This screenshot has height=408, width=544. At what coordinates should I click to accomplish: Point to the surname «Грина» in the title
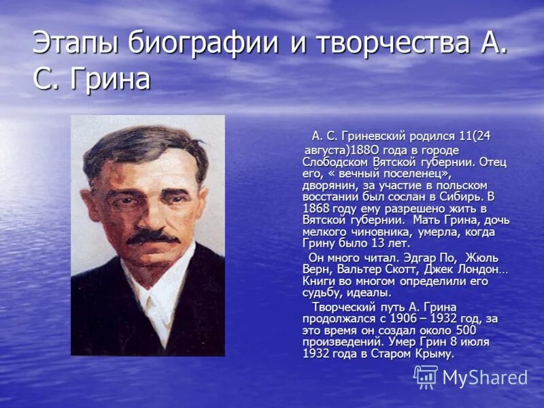pos(109,80)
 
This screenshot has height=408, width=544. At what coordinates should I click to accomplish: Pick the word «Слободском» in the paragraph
pos(335,163)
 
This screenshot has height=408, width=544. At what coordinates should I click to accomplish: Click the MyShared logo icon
pos(425,377)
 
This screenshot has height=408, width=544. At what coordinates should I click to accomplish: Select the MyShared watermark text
pos(484,378)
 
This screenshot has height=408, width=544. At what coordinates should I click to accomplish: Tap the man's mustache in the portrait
pos(151,235)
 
